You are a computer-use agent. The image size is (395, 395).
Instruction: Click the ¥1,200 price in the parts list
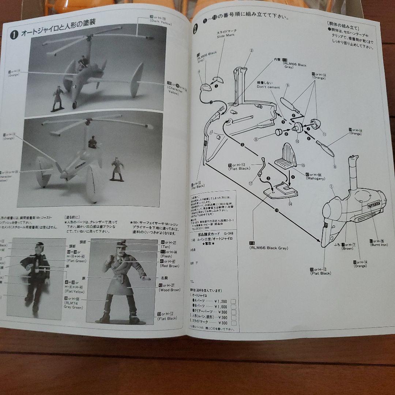(221, 301)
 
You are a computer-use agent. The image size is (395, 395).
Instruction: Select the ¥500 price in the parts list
(221, 317)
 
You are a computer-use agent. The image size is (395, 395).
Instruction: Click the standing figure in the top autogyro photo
(58, 98)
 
